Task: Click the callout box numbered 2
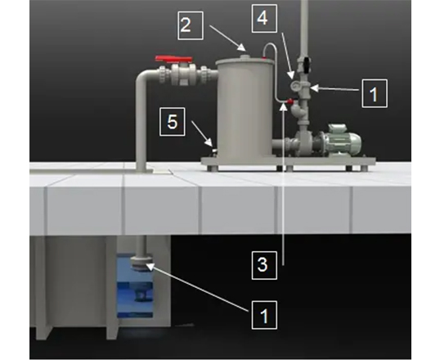pos(191,25)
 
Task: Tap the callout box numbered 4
pos(265,19)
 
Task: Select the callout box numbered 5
pos(173,122)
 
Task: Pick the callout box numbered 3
pos(264,265)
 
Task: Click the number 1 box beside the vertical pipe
pos(375,93)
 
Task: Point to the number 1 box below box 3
pos(264,315)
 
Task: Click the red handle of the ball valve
pos(173,59)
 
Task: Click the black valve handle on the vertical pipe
pos(307,65)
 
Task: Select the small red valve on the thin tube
pos(290,101)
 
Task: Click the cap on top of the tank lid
pos(245,57)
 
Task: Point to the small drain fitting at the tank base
pos(214,151)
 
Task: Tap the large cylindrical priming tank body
pos(245,112)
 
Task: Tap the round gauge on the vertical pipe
pos(294,85)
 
